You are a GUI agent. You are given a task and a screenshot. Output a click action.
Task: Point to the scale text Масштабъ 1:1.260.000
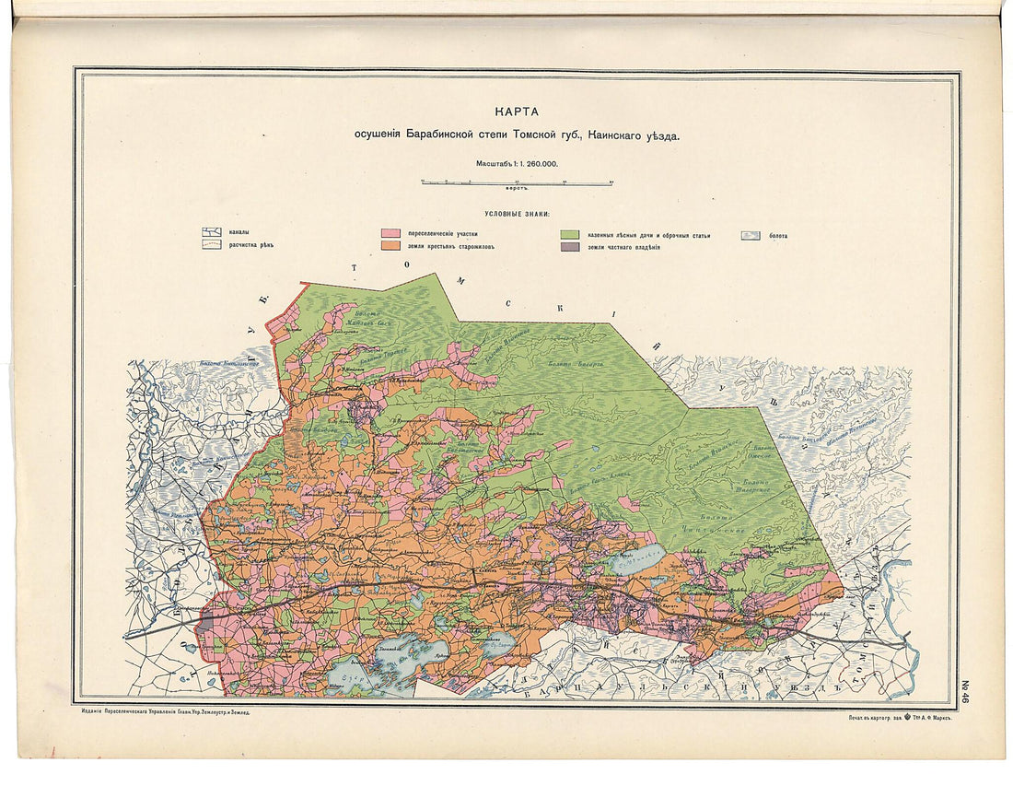[517, 162]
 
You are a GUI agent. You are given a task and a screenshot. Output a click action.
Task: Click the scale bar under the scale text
[517, 182]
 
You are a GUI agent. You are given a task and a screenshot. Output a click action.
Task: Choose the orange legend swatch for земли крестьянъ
[390, 247]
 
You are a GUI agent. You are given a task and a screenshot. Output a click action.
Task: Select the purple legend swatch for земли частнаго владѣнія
[570, 247]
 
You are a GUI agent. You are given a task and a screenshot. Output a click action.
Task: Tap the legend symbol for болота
[751, 235]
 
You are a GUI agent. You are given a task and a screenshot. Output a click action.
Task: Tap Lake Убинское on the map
[635, 558]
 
